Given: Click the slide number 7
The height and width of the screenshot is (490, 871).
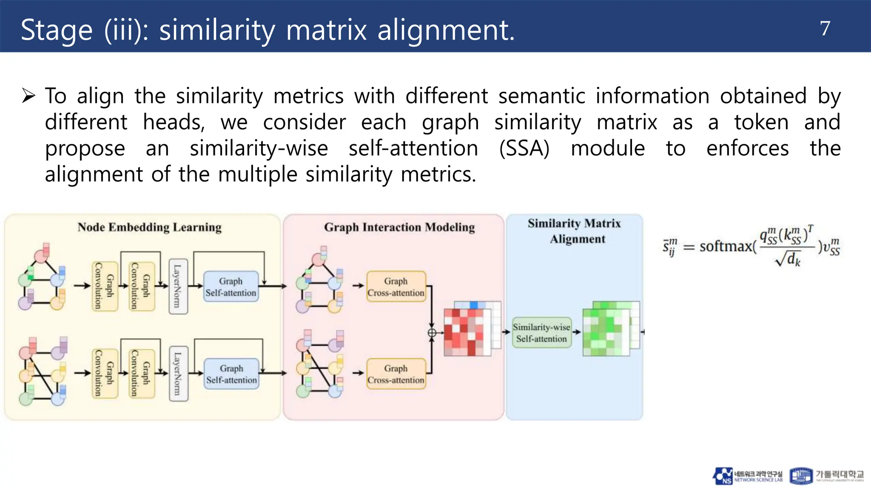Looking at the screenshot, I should coord(825,29).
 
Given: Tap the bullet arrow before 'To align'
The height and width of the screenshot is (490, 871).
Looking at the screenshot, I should coord(28,96).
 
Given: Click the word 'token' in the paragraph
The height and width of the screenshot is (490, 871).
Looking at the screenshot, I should coord(761,122).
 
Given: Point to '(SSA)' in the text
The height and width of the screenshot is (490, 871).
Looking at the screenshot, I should coord(524,148).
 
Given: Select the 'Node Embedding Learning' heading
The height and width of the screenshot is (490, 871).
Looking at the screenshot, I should coord(149,228).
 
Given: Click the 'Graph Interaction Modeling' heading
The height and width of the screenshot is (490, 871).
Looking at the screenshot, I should coord(399,228).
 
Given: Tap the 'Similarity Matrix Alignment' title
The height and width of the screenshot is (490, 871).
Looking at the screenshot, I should coord(575,231).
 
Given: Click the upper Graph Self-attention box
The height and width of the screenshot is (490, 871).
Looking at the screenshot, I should coord(231,287).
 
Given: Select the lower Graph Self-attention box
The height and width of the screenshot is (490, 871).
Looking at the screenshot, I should coord(231,374).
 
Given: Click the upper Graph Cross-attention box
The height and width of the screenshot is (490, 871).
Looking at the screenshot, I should coord(396,287).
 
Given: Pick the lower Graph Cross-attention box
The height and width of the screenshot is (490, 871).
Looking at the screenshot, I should coord(396,374).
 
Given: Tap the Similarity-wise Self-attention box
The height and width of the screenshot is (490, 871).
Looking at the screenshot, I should coord(541,333).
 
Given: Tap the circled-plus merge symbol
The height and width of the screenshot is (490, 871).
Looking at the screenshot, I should coord(432,333).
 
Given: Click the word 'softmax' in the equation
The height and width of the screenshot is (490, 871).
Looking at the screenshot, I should coord(726,246).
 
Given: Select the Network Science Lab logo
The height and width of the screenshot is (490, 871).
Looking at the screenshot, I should coord(748,476).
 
